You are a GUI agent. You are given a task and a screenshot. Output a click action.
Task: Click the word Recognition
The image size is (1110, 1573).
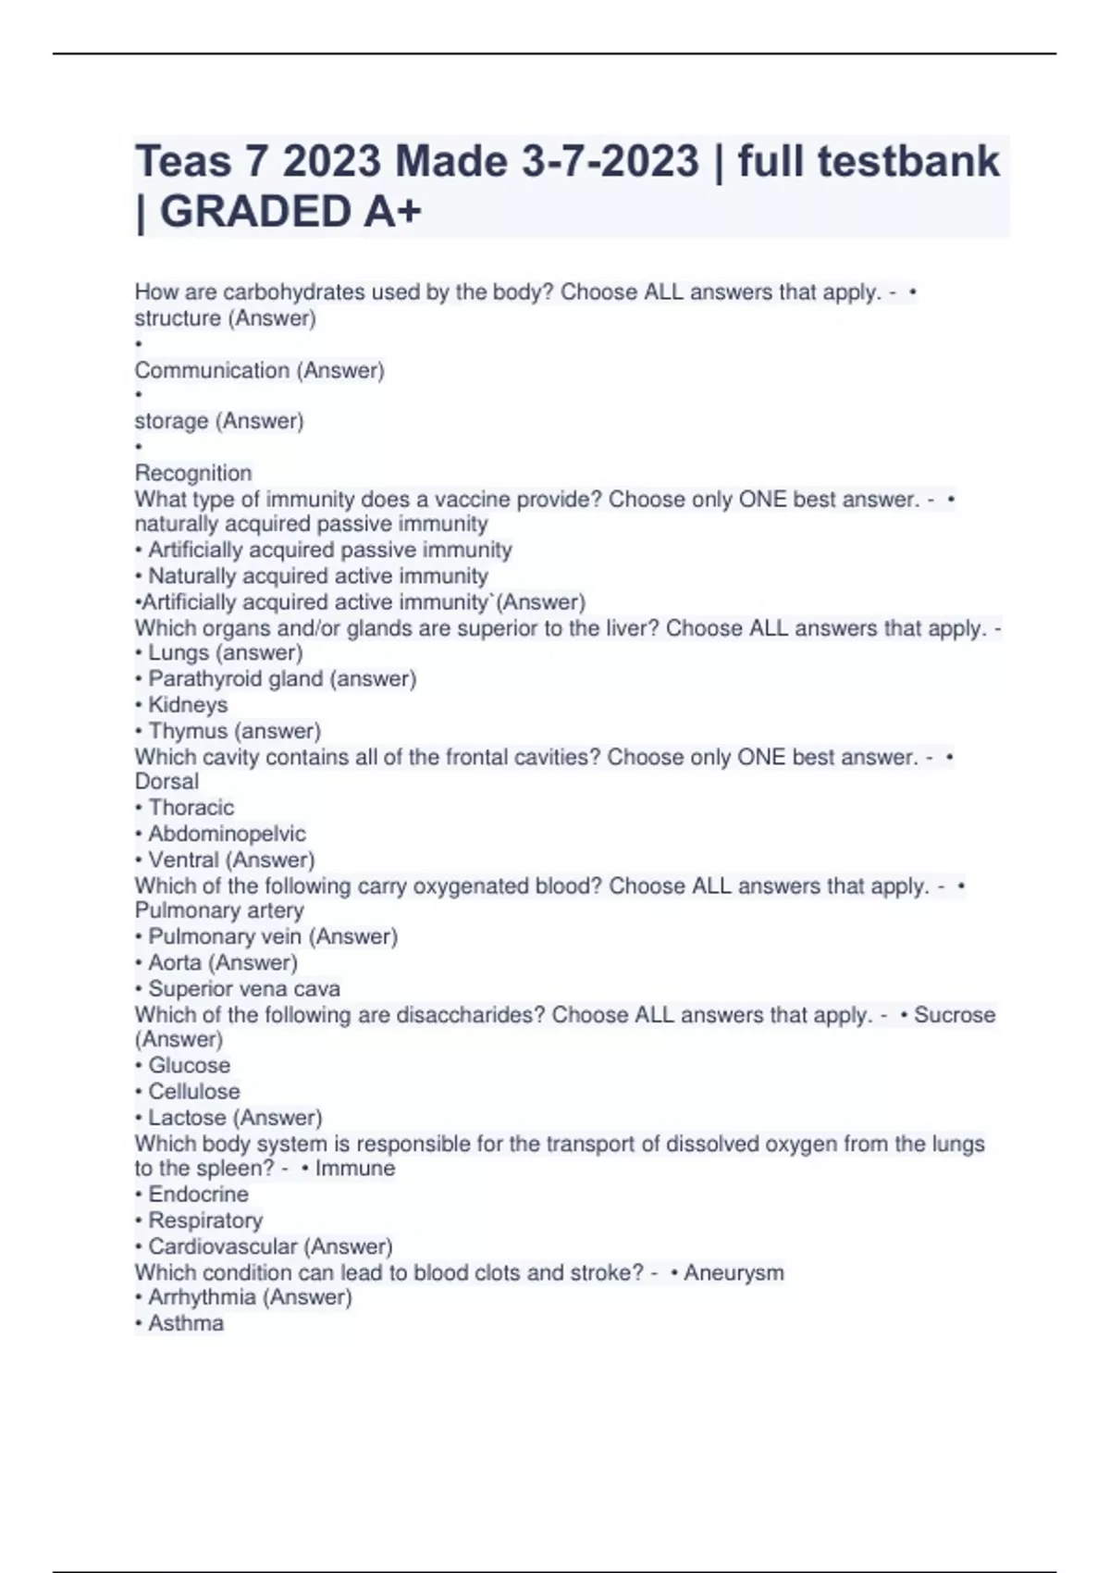pyautogui.click(x=193, y=473)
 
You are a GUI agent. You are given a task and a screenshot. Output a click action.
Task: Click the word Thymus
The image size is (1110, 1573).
pyautogui.click(x=188, y=731)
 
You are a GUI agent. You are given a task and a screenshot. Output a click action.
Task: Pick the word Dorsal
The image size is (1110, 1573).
pyautogui.click(x=166, y=781)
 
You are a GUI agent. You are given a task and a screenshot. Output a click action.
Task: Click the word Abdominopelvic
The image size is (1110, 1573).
pyautogui.click(x=227, y=834)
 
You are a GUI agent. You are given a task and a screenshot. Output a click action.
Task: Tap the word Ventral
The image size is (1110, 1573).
pyautogui.click(x=183, y=860)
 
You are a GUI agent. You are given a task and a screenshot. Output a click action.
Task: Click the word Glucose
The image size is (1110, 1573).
pyautogui.click(x=190, y=1065)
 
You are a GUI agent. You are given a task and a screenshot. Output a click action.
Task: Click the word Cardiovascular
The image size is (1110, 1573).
pyautogui.click(x=223, y=1246)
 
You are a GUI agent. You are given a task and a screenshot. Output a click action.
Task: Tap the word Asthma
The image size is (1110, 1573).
pyautogui.click(x=186, y=1323)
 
